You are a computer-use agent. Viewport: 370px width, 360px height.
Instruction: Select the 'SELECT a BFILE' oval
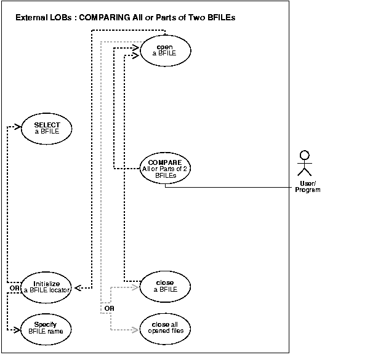tap(47, 128)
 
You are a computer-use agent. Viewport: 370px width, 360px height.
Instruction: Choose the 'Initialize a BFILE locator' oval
tap(47, 286)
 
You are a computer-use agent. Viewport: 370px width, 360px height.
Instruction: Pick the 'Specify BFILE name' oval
tap(47, 328)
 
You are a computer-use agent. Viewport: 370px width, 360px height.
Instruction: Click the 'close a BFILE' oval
tap(165, 286)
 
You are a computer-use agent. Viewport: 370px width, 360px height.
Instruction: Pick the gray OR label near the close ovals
tap(108, 307)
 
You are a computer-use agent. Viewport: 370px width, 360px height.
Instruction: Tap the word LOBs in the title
tap(64, 18)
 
